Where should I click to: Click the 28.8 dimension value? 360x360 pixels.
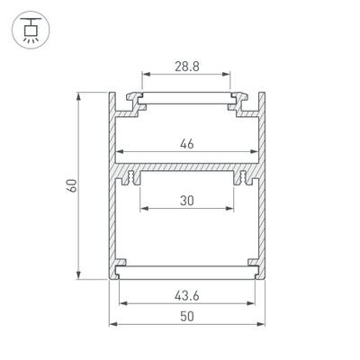pos(187,67)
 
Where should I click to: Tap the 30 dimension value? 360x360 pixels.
pos(187,202)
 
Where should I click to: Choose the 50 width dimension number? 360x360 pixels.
pos(187,316)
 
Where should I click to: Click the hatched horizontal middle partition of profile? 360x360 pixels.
pos(187,168)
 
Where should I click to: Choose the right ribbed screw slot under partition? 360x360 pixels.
pos(242,178)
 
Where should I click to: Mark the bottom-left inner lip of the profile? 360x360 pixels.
pos(121,265)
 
